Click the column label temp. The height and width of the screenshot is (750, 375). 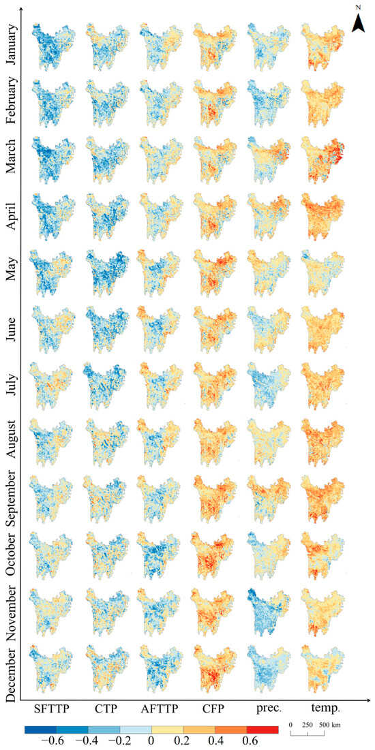[x=322, y=708]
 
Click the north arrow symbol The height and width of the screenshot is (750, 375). [x=357, y=22]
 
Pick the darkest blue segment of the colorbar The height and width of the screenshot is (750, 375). [x=40, y=728]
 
